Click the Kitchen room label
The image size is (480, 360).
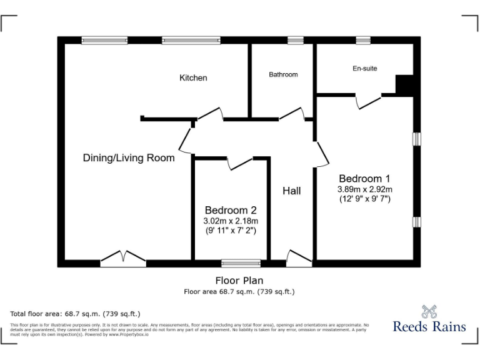pos(193,78)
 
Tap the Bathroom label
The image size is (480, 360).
pos(283,74)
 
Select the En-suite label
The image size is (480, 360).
pos(365,68)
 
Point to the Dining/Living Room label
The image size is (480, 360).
pos(129,158)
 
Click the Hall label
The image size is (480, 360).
pos(291,191)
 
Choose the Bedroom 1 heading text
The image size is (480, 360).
pos(364,177)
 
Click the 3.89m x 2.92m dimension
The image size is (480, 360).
pos(365,189)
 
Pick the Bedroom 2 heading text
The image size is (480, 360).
pos(231,211)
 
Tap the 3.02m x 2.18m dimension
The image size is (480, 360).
pos(231,221)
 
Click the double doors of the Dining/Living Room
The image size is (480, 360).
pos(123,257)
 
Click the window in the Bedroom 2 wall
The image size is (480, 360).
pos(241,263)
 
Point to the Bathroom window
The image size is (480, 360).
pos(296,40)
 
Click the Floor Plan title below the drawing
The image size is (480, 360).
pos(239,281)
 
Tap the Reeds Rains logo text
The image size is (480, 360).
pos(429,326)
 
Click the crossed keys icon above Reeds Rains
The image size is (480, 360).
pos(429,310)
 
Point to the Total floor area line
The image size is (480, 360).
pos(76,313)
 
